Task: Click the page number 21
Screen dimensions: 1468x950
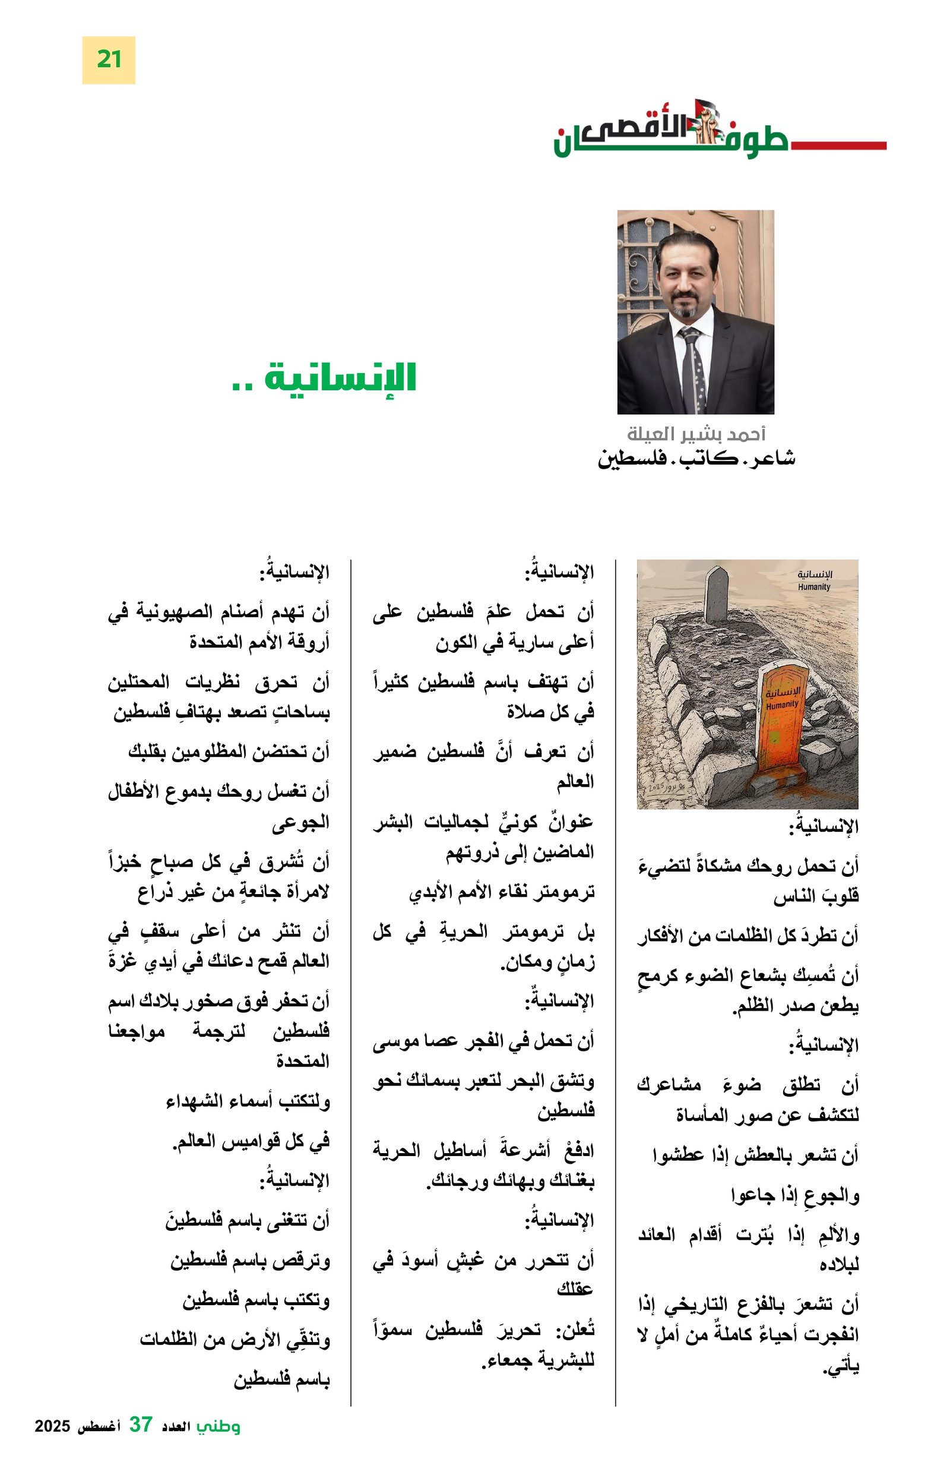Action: click(x=109, y=60)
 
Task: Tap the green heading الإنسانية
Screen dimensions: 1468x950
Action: click(x=340, y=377)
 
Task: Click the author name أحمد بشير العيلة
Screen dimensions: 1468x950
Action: click(x=695, y=434)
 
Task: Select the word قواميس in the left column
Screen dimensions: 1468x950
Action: click(x=237, y=1141)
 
